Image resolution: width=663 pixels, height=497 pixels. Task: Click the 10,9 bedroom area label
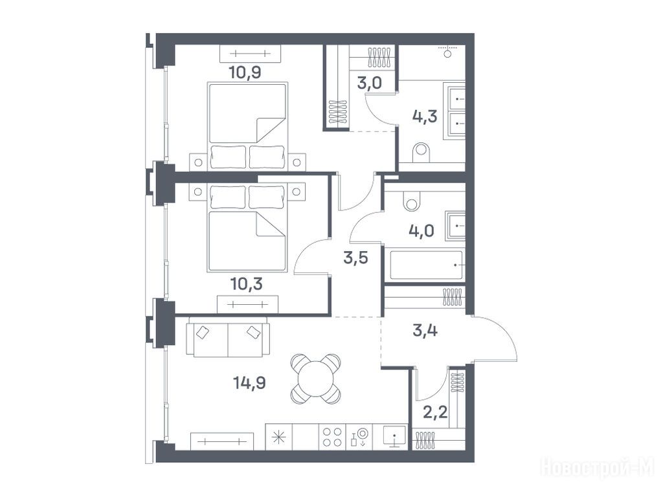(245, 72)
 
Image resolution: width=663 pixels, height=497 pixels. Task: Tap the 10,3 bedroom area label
(247, 283)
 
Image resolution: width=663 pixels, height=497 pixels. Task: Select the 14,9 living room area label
(249, 383)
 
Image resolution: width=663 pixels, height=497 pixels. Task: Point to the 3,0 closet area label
(369, 83)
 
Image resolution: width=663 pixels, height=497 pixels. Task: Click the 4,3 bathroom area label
(425, 116)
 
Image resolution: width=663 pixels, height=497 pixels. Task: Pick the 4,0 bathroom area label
(421, 231)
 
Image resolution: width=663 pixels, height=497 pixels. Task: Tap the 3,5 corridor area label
(355, 258)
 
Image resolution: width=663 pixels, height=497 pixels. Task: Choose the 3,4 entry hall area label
(425, 330)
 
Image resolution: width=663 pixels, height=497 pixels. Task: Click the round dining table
(315, 379)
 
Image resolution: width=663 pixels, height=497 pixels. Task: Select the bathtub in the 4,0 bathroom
(426, 265)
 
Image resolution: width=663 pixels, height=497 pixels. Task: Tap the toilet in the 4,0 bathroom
(412, 201)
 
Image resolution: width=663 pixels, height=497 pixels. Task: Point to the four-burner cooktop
(332, 437)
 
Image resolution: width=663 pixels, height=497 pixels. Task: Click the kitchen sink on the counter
(394, 436)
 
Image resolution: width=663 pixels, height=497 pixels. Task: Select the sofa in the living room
(228, 337)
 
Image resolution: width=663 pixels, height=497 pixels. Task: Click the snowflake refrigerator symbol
(278, 437)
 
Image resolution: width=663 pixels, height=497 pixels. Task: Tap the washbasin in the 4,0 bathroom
(455, 226)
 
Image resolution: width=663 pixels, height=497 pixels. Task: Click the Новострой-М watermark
(598, 467)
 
